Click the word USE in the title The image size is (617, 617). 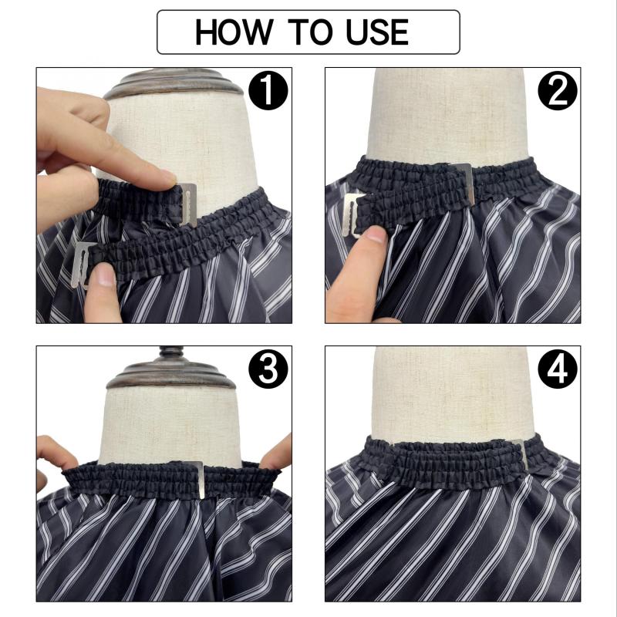click(x=377, y=32)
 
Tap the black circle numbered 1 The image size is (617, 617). click(x=268, y=90)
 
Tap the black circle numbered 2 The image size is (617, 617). click(x=557, y=90)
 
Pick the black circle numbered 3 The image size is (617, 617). click(x=268, y=369)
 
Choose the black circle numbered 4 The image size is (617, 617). click(x=557, y=369)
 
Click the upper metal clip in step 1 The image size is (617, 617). click(x=188, y=204)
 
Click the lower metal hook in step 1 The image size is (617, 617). click(x=81, y=265)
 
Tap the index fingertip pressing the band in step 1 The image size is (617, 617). click(x=165, y=179)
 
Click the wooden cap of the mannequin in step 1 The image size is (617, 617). click(x=173, y=83)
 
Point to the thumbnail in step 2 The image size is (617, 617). click(x=375, y=234)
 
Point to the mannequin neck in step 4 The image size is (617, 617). click(x=453, y=393)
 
